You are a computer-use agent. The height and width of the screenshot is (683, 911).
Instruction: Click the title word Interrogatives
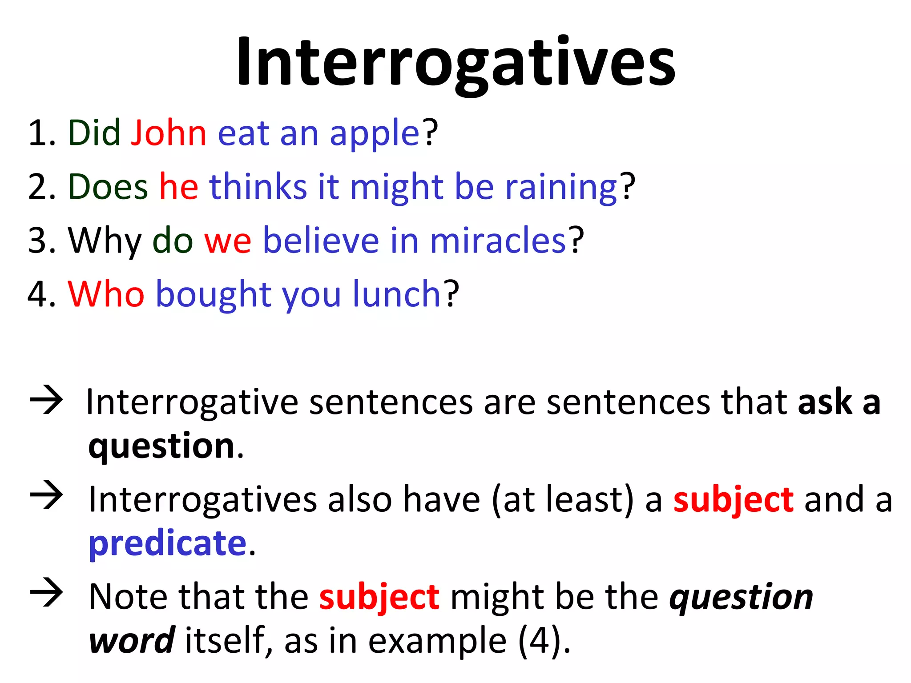coord(455,62)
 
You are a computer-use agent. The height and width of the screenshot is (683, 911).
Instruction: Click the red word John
coord(169,133)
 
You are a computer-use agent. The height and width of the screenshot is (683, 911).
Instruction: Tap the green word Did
coord(94,133)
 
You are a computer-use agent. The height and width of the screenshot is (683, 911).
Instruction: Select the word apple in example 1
coord(375,134)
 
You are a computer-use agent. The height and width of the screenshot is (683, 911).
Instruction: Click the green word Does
coord(108,187)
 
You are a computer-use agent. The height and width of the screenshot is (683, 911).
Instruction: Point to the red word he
coord(179,187)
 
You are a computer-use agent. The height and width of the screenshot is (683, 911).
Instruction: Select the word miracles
coord(498,241)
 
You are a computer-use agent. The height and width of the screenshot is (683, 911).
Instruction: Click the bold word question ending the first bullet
coord(161,446)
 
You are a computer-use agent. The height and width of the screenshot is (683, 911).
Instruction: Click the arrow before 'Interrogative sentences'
coord(46,401)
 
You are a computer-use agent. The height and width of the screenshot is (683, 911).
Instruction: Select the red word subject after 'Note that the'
coord(379,597)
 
